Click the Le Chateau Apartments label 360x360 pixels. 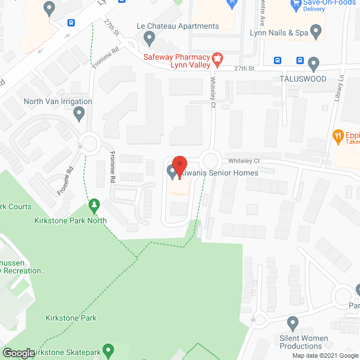178,26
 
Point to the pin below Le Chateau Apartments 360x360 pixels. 149,38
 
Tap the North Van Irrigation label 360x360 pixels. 58,101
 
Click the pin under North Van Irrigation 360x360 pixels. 79,114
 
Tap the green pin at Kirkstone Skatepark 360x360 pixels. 109,350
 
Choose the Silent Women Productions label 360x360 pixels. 304,342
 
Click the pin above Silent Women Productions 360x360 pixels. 292,323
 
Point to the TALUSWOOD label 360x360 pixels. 303,79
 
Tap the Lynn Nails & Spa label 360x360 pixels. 279,33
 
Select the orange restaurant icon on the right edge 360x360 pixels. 337,135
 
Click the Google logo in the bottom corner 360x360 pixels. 18,353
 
